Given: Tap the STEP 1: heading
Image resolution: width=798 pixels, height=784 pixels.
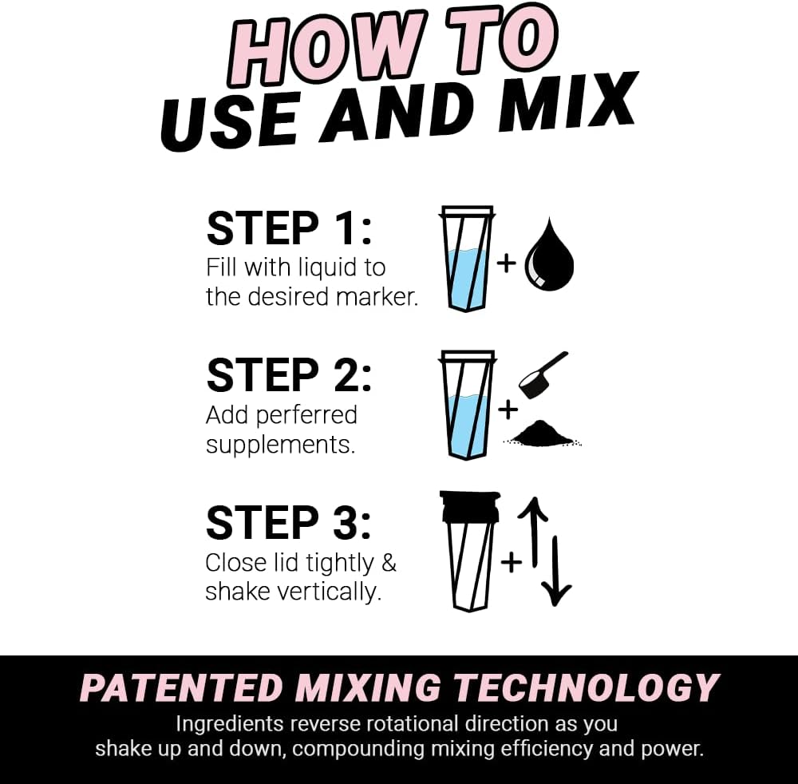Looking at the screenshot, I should click(289, 228).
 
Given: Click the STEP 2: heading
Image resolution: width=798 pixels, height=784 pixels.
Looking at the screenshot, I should click(289, 376).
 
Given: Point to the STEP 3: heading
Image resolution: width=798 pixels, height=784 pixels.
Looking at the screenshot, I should click(289, 523).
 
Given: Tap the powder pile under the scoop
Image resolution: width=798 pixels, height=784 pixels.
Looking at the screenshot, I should click(543, 434).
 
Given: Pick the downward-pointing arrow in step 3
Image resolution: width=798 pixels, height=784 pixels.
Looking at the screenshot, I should click(556, 570).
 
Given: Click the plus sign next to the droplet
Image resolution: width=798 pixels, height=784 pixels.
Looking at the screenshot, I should click(507, 263).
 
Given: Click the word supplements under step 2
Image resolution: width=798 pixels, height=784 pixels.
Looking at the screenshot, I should click(280, 445).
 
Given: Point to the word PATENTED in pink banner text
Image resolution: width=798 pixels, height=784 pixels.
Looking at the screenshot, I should click(181, 688).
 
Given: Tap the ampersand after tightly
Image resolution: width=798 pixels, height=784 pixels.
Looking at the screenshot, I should click(388, 562).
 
